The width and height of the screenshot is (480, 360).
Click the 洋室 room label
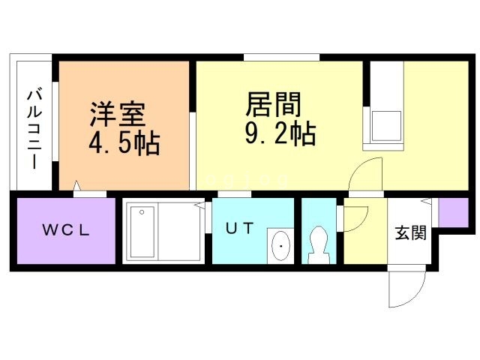118,114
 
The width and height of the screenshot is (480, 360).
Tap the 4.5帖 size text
124,143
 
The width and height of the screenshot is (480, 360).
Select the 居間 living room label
273,104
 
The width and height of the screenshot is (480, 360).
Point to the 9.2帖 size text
280,133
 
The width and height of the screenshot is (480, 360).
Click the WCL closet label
66,230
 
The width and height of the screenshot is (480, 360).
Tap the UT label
240,228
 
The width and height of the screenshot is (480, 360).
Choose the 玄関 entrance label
410,233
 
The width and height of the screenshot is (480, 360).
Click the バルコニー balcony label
34,128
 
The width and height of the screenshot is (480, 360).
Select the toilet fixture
319,245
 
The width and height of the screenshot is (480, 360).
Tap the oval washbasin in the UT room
280,245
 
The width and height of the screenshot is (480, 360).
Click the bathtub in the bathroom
142,232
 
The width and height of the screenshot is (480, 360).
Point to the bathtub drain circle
142,211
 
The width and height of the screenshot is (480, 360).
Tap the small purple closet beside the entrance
453,213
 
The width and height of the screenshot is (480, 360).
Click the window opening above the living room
282,57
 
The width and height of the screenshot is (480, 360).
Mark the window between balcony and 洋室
55,121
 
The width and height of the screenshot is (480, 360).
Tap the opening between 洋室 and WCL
90,194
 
